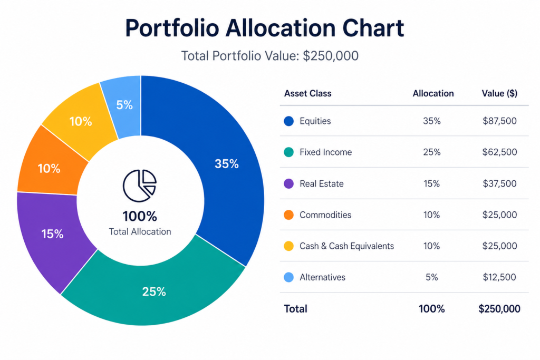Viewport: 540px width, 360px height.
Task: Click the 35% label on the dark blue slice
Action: pyautogui.click(x=226, y=164)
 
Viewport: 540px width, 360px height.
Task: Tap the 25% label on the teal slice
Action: pyautogui.click(x=154, y=291)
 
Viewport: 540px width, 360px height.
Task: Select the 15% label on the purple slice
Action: pyautogui.click(x=52, y=234)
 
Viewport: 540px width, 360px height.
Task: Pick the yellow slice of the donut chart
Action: pyautogui.click(x=80, y=121)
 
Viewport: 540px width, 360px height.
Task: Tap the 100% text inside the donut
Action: pyautogui.click(x=140, y=216)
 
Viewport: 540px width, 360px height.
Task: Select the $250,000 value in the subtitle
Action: pyautogui.click(x=331, y=56)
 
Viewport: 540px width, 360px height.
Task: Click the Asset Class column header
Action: pyautogui.click(x=307, y=93)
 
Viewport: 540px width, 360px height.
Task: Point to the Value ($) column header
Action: pyautogui.click(x=499, y=93)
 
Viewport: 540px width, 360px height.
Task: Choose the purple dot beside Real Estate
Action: pyautogui.click(x=288, y=184)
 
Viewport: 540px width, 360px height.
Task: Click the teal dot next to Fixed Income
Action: pyautogui.click(x=288, y=152)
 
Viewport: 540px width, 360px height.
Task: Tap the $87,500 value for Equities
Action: pyautogui.click(x=499, y=121)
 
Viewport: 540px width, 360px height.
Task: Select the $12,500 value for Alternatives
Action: pyautogui.click(x=499, y=277)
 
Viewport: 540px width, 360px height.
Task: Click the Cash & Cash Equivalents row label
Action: pyautogui.click(x=346, y=246)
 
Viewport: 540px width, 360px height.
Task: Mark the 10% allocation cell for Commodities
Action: pyautogui.click(x=431, y=215)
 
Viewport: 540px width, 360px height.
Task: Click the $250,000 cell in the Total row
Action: pyautogui.click(x=499, y=309)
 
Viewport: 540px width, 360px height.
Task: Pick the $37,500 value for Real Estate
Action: pyautogui.click(x=499, y=184)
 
